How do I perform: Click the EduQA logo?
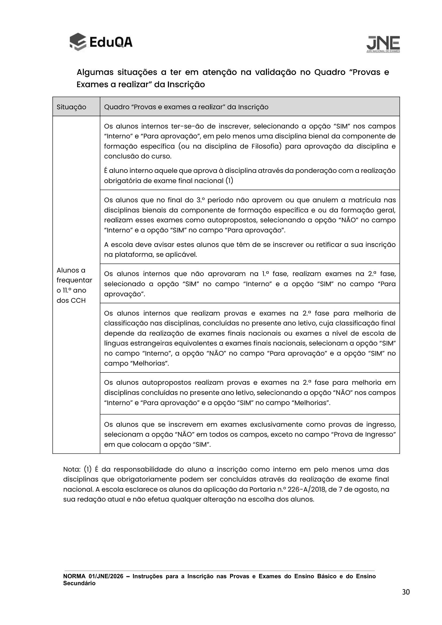coord(101,42)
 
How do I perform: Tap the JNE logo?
coord(383,44)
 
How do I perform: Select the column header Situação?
coord(71,107)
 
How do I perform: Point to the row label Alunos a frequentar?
coord(74,275)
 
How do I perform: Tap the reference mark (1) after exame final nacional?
coord(229,181)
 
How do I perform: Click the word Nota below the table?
coord(72,469)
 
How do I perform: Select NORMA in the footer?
coord(74,576)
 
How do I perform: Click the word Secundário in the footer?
coord(79,583)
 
